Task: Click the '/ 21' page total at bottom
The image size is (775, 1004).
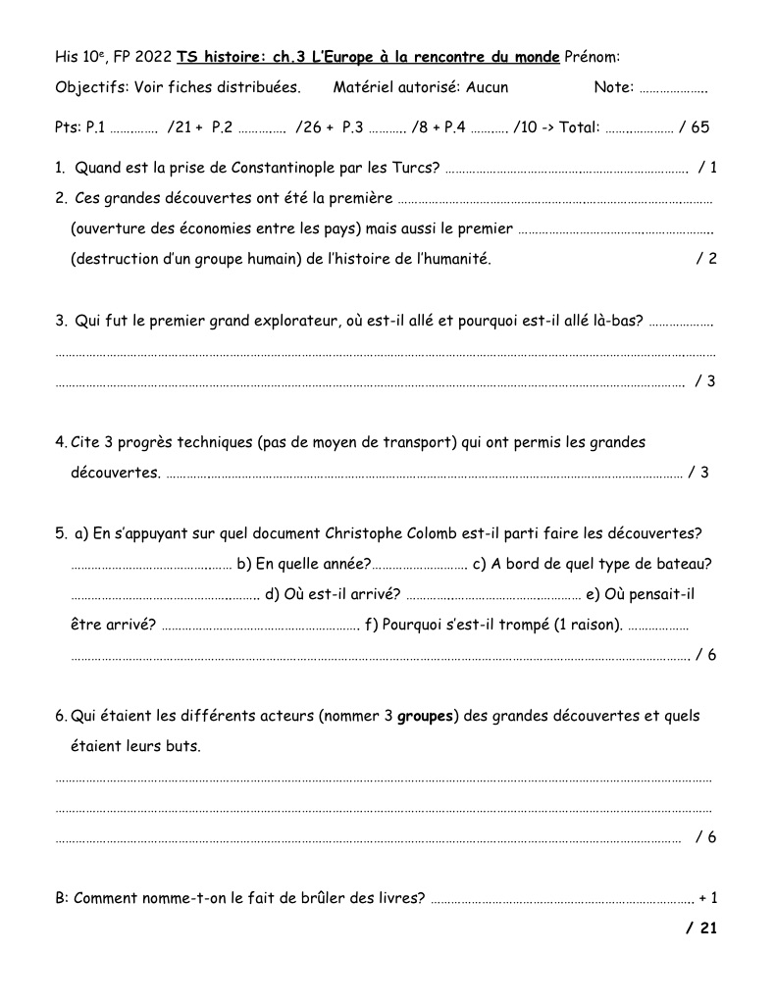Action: click(x=701, y=928)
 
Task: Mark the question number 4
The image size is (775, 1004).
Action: click(x=61, y=442)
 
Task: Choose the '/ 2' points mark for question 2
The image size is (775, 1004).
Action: click(x=706, y=259)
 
